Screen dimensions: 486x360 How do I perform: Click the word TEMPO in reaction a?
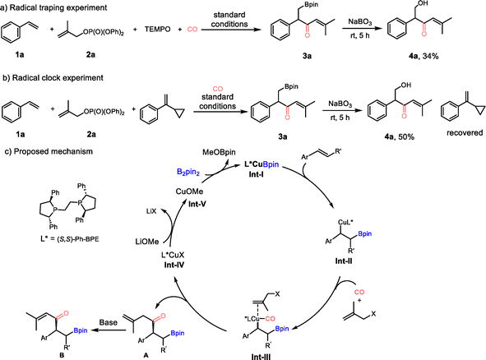(x=157, y=30)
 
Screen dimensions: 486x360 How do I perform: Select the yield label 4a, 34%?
(x=424, y=56)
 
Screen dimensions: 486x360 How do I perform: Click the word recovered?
(x=465, y=133)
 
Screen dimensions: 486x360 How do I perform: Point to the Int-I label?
(x=257, y=175)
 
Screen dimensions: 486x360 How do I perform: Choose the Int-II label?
(x=344, y=261)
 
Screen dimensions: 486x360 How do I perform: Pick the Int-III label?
(x=261, y=357)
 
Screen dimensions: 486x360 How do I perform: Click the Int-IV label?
(x=174, y=265)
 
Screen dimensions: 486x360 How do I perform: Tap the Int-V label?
(x=197, y=205)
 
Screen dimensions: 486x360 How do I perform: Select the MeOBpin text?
(x=219, y=152)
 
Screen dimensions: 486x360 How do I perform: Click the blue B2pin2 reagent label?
(x=188, y=172)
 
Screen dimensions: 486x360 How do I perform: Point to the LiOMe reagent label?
(x=147, y=242)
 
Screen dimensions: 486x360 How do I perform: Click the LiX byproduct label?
(x=151, y=211)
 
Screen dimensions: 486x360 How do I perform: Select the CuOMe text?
(x=189, y=192)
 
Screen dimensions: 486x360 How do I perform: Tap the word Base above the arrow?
(x=109, y=322)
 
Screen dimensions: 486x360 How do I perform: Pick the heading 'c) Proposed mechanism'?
(x=49, y=151)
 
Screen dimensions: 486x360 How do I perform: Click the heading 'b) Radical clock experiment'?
(x=53, y=78)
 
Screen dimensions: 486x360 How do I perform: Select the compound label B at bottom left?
(x=62, y=355)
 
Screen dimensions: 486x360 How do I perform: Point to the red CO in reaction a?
(x=192, y=30)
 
